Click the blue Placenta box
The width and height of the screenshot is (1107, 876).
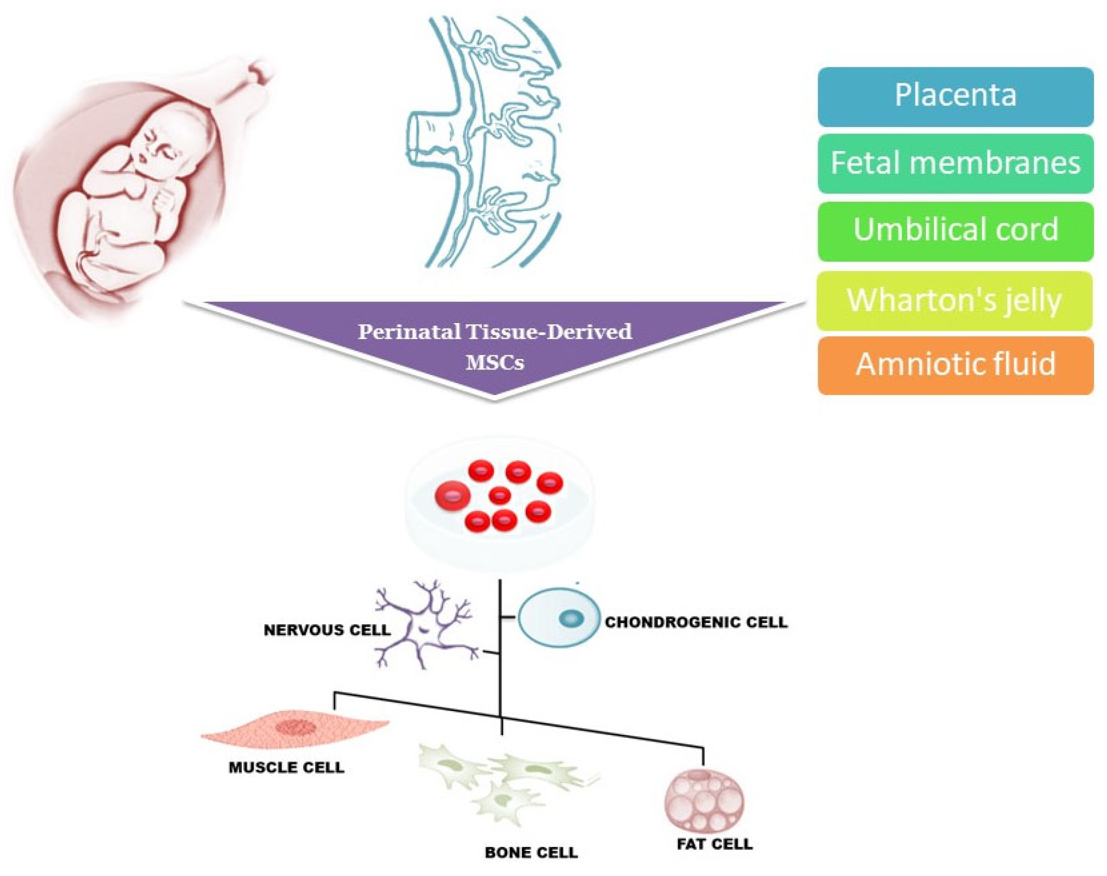tap(955, 96)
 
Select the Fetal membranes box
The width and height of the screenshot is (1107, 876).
tap(955, 164)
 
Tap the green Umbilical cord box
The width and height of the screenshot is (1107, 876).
tap(955, 231)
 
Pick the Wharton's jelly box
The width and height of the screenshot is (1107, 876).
tap(954, 300)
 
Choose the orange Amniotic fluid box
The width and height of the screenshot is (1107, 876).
tap(955, 365)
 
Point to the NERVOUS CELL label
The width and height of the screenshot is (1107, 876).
tap(327, 630)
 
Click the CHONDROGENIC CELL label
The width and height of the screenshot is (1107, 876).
tap(696, 622)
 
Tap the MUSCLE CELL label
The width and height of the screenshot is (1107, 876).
tap(287, 767)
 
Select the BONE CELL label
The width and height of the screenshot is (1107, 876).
tap(531, 852)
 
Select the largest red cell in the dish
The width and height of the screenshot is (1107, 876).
tap(453, 495)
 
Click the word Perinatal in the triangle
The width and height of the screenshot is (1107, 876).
tap(402, 332)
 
